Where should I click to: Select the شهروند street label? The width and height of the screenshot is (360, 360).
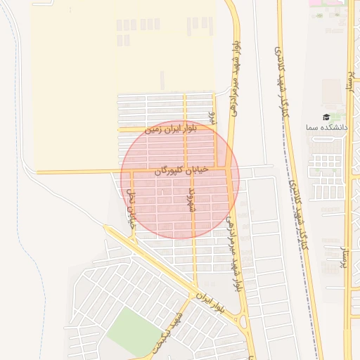point(189,199)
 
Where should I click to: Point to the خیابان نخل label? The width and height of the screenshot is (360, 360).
point(130,204)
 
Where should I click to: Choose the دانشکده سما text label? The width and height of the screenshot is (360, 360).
point(327,127)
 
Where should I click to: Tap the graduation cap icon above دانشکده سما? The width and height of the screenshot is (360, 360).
point(326,117)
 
